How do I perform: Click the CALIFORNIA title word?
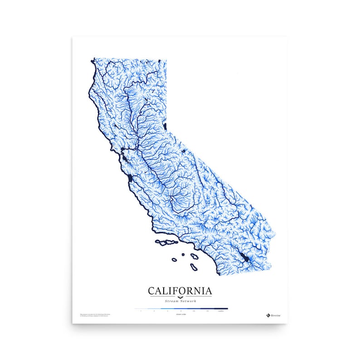[x=180, y=290]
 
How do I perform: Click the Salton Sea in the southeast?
[x=244, y=259]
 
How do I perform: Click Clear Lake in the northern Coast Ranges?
[x=115, y=125]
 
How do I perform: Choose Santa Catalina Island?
[x=195, y=257]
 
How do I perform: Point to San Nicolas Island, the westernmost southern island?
[x=174, y=260]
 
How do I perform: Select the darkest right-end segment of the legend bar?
[x=221, y=308]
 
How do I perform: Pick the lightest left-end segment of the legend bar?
[x=141, y=308]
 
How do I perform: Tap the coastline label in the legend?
[x=221, y=312]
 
